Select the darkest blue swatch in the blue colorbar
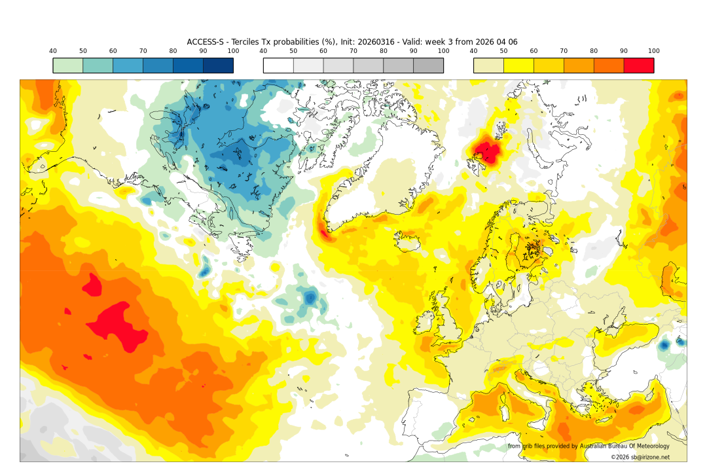tap(218, 65)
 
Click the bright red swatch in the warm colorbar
tap(638, 65)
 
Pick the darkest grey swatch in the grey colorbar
tap(428, 65)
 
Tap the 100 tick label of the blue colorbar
tap(233, 51)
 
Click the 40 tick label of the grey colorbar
tap(263, 51)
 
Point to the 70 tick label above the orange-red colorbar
tap(564, 51)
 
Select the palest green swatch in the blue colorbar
tap(68, 65)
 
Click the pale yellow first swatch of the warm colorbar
tap(488, 65)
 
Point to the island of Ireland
tap(426, 321)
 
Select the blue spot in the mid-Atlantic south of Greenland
tap(310, 298)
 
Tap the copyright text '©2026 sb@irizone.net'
tap(640, 457)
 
